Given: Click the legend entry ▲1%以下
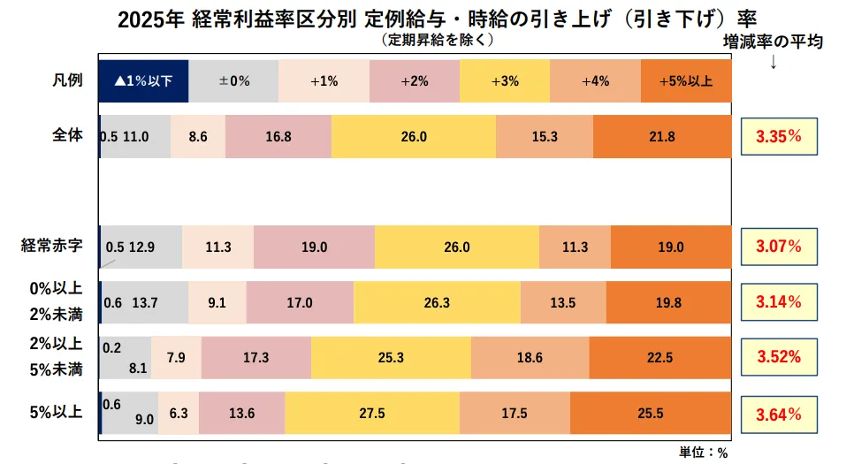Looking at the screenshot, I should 143,80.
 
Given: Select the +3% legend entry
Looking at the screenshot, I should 505,80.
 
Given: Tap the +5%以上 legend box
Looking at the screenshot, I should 686,80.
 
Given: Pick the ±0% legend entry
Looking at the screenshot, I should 233,80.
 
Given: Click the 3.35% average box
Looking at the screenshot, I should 778,137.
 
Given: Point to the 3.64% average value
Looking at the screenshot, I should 778,414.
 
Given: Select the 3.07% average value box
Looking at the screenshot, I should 778,247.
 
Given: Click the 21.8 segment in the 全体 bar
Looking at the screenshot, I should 662,136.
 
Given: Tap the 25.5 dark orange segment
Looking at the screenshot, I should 651,414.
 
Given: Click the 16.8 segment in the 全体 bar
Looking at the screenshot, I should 278,136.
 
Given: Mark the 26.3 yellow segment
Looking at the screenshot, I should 437,302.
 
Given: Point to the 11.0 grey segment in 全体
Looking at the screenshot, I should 135,136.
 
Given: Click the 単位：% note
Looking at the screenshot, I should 703,452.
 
